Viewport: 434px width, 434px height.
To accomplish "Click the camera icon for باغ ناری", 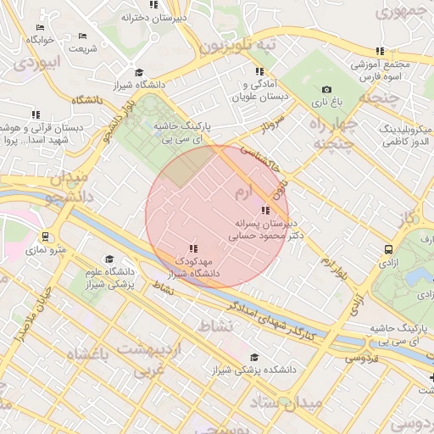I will (x=327, y=89).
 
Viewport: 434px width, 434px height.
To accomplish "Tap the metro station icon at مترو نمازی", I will (x=45, y=237).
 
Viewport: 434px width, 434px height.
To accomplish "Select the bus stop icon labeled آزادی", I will (x=388, y=249).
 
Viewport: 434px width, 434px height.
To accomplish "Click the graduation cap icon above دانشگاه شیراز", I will (x=139, y=72).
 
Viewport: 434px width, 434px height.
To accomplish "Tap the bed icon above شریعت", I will (x=82, y=36).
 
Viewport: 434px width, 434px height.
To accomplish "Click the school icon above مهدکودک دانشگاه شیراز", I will (x=193, y=248).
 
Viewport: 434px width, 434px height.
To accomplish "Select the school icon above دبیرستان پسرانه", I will (x=265, y=209).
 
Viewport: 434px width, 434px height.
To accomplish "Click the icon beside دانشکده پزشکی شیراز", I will (x=255, y=357).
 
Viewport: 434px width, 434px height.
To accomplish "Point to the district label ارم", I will (x=243, y=194).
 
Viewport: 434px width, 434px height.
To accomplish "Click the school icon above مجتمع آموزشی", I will (x=380, y=51).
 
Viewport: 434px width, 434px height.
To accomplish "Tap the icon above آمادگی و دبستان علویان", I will (x=262, y=71).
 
